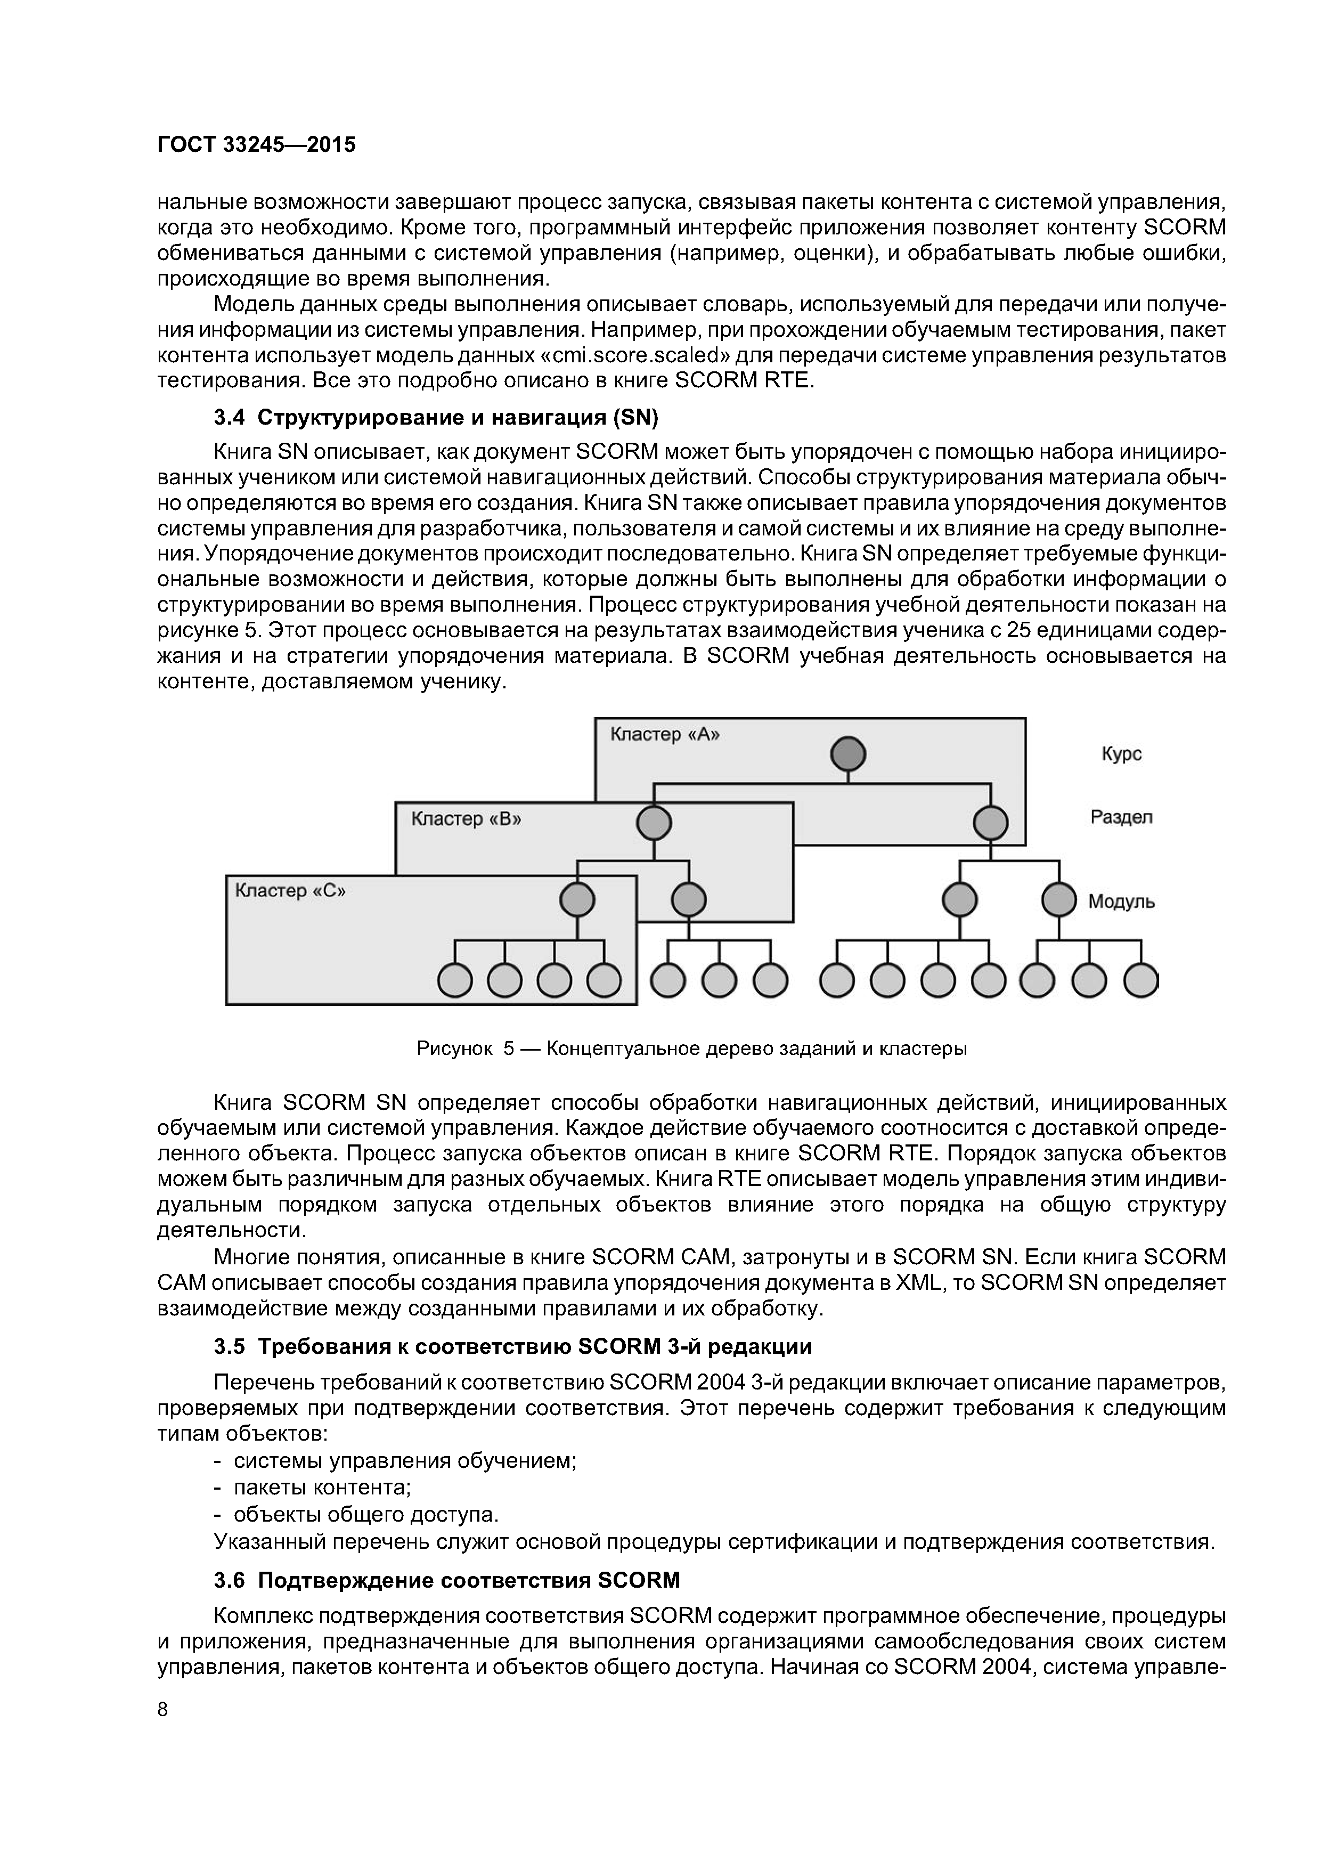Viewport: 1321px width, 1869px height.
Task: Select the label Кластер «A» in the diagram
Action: [x=665, y=734]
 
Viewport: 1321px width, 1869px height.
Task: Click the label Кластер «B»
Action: [x=466, y=818]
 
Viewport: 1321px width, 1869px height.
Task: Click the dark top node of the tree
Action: [x=847, y=754]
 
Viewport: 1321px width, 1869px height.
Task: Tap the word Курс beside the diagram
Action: [x=1121, y=754]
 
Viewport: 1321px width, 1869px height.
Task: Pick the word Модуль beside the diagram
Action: [x=1121, y=902]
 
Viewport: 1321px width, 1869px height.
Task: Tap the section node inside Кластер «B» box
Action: [x=654, y=823]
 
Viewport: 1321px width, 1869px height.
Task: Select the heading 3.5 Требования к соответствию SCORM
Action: [x=513, y=1346]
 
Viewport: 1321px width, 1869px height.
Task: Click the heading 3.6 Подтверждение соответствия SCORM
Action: [x=446, y=1581]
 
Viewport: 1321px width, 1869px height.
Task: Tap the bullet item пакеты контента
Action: [x=322, y=1488]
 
